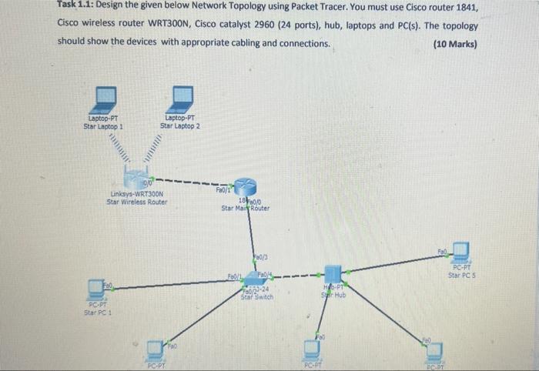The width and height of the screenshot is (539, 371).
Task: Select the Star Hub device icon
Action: (333, 274)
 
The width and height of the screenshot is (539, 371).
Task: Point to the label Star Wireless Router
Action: (136, 202)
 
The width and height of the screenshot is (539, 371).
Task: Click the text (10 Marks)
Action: (455, 43)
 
